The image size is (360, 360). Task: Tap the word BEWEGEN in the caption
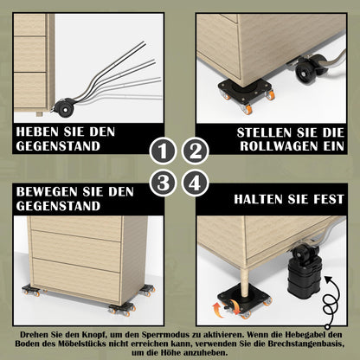43,190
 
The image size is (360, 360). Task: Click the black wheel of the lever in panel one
63,109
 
